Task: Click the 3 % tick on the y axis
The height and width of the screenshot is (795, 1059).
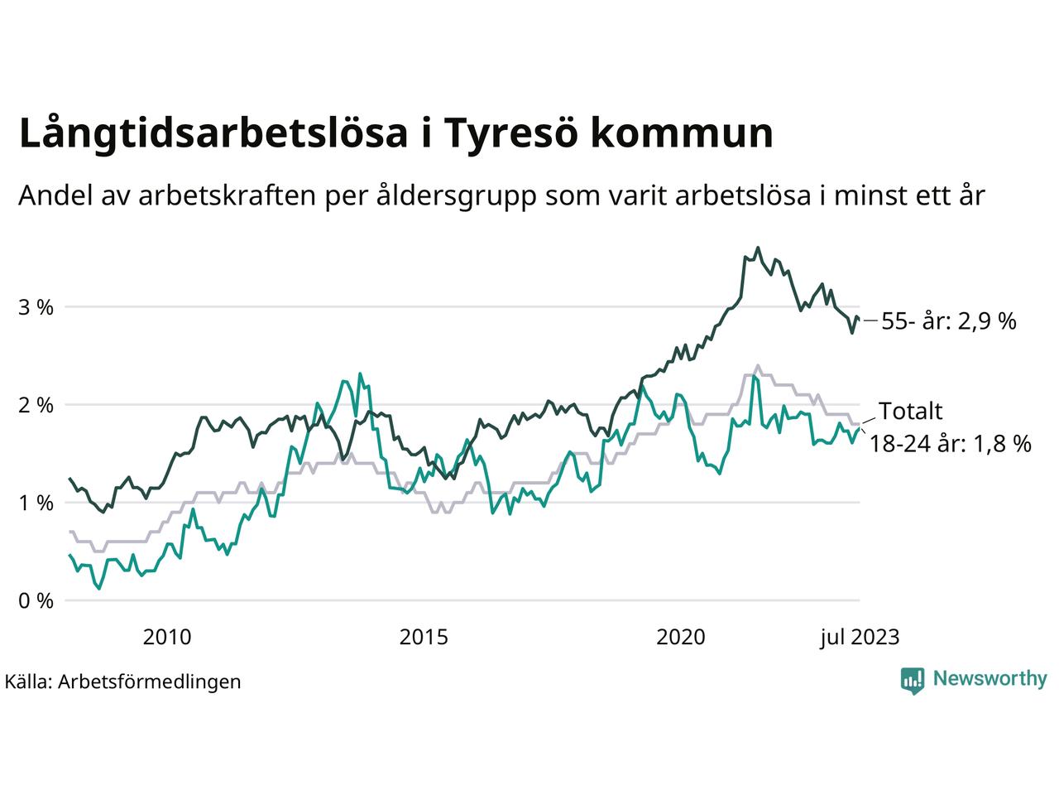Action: [x=36, y=307]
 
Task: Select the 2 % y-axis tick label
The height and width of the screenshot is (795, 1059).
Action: [x=36, y=405]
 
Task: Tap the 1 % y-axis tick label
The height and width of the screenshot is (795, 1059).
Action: [x=36, y=503]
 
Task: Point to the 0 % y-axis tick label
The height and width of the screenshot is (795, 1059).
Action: [x=36, y=600]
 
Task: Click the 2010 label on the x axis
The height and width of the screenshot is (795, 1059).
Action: [x=167, y=637]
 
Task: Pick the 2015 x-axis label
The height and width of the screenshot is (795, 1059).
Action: [x=424, y=637]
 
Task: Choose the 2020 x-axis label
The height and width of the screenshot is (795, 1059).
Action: [x=680, y=637]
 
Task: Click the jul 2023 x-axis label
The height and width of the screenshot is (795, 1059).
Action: [x=859, y=637]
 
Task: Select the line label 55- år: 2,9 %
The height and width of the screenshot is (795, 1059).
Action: [x=948, y=321]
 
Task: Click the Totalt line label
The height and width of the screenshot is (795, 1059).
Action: [x=910, y=412]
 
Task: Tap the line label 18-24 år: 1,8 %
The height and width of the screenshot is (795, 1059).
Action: [x=950, y=445]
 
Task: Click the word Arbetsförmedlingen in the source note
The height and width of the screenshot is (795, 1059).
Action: [x=150, y=682]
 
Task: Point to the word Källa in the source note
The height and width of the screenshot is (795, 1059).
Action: [x=28, y=682]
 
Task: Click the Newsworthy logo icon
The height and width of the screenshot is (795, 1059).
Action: [x=912, y=680]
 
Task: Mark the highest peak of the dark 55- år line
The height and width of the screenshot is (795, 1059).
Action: [x=757, y=248]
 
